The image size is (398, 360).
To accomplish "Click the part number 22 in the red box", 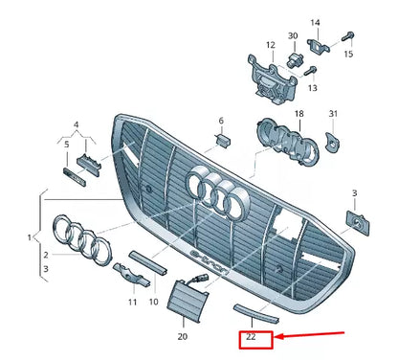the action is (252, 337).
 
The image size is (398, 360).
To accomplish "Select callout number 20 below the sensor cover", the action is (183, 337).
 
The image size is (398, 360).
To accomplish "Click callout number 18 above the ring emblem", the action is (272, 114).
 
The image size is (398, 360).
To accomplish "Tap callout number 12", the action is (271, 45).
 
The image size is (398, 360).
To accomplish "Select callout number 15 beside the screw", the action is (348, 54).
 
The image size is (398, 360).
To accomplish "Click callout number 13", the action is (312, 87).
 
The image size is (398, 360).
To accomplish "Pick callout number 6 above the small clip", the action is (220, 121).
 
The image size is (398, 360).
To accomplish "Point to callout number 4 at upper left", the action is (77, 124).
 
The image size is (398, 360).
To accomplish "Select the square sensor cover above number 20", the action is (182, 293).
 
